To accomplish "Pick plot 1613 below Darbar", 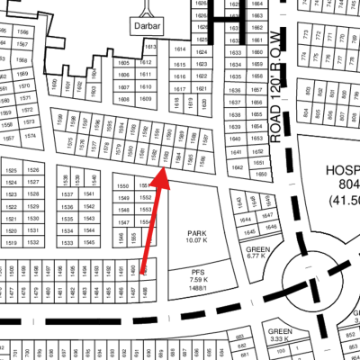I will point(150,47).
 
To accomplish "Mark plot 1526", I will point(33,170).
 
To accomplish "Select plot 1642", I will point(238,167).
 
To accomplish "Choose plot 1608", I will point(123,99).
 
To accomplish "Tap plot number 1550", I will point(123,185).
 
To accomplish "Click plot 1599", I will point(59,120).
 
